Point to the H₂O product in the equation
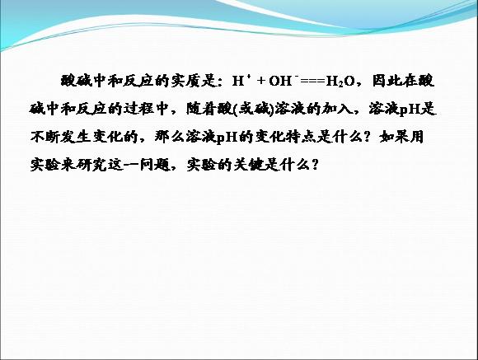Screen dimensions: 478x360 pos(340,82)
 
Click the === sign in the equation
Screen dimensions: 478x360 pos(312,81)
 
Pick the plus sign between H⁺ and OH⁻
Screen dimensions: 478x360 pos(261,81)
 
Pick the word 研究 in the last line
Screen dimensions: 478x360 pos(91,164)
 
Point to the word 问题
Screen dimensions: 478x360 pos(155,164)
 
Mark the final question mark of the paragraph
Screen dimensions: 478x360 pos(315,165)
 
